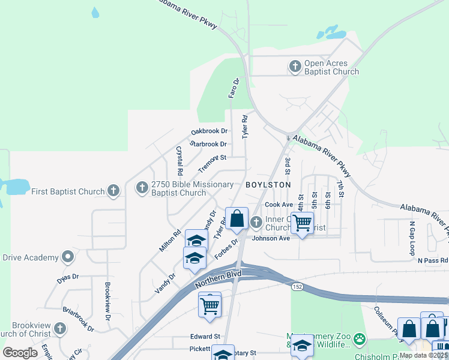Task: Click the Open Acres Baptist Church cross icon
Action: click(295, 66)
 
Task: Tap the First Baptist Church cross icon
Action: click(113, 191)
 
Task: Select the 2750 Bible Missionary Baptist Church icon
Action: click(142, 188)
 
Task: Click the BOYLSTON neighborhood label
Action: click(268, 185)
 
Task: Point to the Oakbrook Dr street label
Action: click(209, 131)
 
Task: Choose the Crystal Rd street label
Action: click(178, 160)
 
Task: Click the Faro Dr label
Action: click(234, 88)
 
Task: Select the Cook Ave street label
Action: click(278, 205)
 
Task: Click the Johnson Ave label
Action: click(271, 238)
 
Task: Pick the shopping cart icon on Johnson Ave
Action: click(302, 223)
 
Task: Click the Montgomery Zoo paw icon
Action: click(359, 340)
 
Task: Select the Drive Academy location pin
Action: click(68, 257)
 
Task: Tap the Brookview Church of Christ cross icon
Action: click(59, 328)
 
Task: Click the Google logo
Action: click(20, 353)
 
